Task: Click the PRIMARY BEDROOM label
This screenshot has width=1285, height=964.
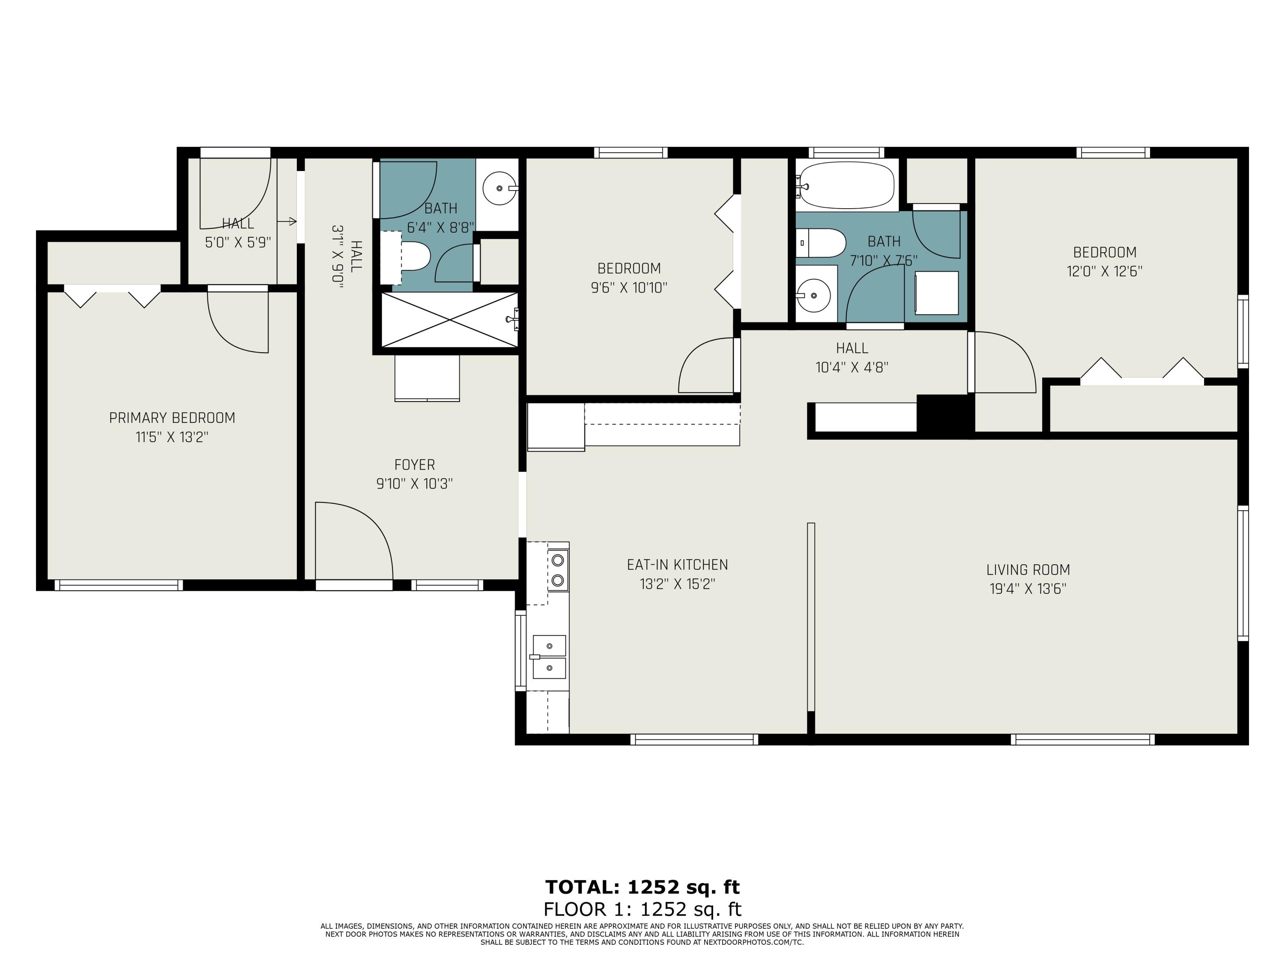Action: tap(172, 418)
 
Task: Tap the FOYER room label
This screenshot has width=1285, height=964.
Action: tap(415, 465)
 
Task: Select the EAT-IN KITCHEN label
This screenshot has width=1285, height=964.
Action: tap(677, 565)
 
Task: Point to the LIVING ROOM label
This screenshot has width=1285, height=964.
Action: tap(1028, 570)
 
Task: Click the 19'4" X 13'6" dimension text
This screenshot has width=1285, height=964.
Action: tap(1028, 589)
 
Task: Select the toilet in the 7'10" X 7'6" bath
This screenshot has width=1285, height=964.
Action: tap(820, 243)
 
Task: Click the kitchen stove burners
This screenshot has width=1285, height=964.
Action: tap(558, 570)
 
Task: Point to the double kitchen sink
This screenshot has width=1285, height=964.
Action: tap(549, 657)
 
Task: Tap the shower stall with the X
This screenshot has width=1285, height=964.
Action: tap(449, 320)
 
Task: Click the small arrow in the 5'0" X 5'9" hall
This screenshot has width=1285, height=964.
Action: tap(287, 222)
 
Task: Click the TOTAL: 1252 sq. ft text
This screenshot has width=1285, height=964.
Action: tap(642, 887)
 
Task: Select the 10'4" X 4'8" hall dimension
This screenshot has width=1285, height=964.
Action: tap(852, 368)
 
